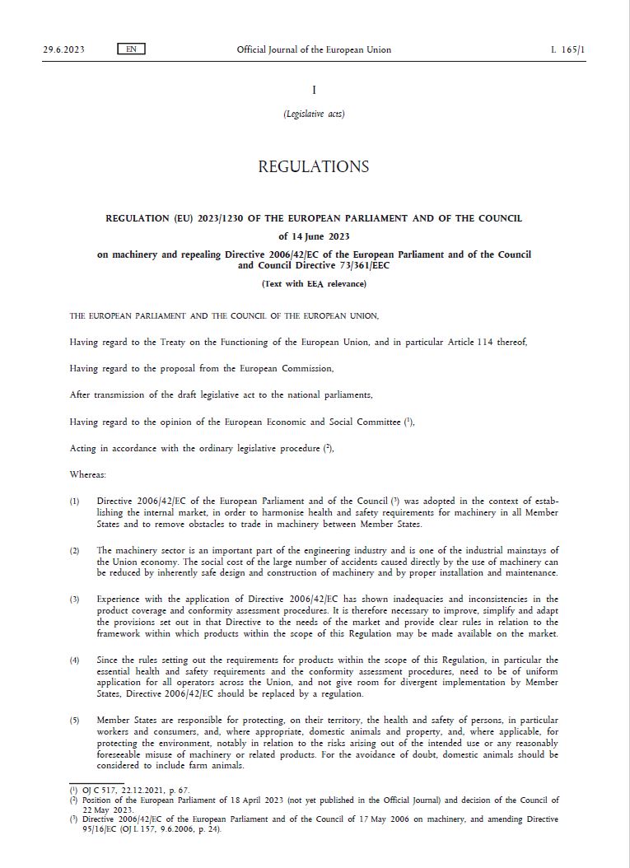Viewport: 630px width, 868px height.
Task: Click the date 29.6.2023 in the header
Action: (x=63, y=49)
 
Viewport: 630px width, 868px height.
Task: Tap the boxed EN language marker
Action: (x=131, y=49)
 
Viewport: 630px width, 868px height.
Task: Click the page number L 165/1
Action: (x=568, y=49)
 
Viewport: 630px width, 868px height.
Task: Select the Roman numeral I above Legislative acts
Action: (x=314, y=90)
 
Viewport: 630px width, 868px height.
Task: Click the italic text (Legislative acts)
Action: (x=314, y=114)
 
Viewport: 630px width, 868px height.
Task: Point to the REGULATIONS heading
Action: (x=314, y=166)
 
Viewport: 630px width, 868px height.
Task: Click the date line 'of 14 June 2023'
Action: (x=314, y=237)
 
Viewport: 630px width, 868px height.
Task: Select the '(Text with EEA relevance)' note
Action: (x=314, y=284)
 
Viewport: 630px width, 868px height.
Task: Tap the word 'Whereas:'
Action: (x=88, y=475)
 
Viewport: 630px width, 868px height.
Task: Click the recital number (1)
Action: (x=75, y=501)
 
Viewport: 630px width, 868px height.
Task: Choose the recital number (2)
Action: (x=75, y=550)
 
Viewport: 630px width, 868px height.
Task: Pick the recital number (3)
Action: (x=75, y=600)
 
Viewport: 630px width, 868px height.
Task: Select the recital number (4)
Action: (x=75, y=660)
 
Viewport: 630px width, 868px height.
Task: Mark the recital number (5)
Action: (x=75, y=721)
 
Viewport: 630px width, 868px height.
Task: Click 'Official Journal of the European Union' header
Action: (x=314, y=49)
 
